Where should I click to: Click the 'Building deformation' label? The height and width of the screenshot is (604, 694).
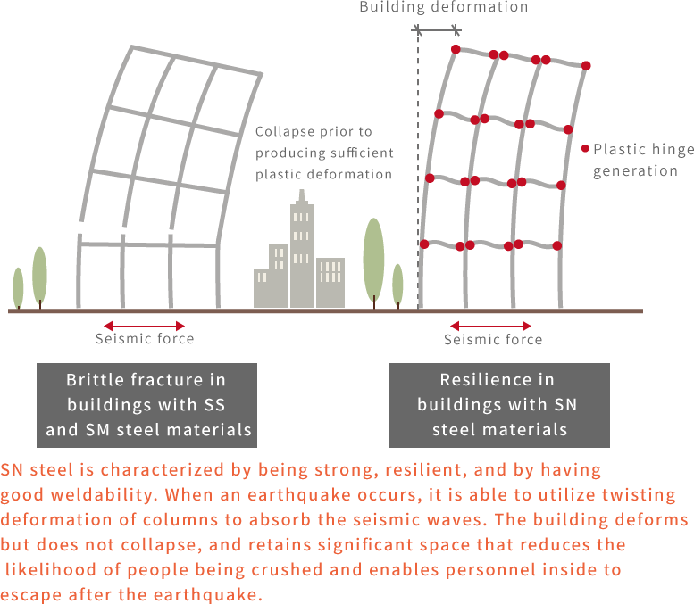tap(443, 7)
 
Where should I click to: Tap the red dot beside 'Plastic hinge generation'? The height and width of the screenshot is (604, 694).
tap(585, 150)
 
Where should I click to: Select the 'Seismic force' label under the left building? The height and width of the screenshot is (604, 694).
tap(145, 339)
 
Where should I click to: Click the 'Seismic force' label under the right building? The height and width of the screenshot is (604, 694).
tap(493, 340)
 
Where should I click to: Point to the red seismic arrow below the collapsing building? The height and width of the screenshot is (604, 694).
tap(145, 325)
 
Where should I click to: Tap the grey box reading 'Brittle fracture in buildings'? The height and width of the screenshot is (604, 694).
tap(146, 405)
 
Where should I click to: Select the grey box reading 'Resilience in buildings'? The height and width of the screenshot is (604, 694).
tap(499, 405)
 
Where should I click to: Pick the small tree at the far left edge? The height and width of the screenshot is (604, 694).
tap(18, 287)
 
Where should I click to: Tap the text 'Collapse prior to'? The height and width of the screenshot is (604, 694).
tap(314, 132)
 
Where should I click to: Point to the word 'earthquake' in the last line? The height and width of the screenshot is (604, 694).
tap(215, 593)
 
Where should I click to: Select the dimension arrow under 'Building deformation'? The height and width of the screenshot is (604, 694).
tap(438, 30)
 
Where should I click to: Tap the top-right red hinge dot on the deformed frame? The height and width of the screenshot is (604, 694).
tap(587, 65)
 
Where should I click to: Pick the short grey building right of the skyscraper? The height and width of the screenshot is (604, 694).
tap(330, 283)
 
